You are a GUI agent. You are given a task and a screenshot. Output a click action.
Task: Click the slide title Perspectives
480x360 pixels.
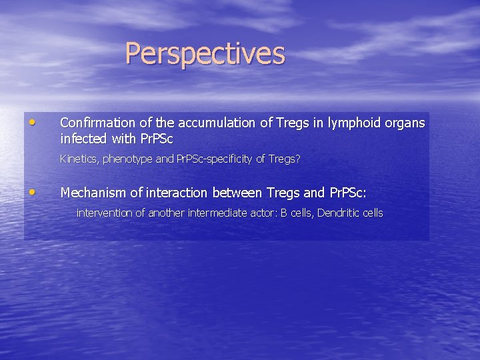205,54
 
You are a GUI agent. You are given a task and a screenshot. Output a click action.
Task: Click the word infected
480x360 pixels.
83,139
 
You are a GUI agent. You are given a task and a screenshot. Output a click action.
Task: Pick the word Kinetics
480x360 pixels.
79,159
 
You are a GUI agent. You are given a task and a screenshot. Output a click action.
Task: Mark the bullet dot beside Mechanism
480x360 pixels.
33,192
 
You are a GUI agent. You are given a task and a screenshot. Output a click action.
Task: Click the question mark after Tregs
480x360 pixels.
298,159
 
